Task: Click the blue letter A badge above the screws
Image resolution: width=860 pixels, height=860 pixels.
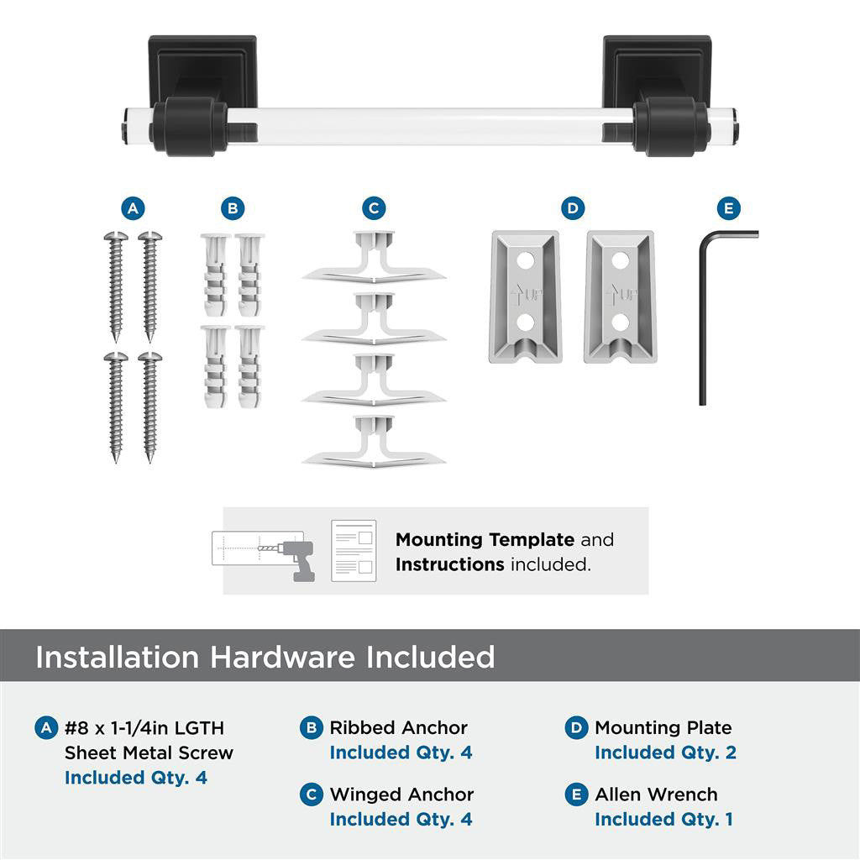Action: pos(132,208)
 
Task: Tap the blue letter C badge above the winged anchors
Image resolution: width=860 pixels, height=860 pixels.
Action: pos(374,208)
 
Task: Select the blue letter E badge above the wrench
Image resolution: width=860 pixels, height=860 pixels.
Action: pos(727,208)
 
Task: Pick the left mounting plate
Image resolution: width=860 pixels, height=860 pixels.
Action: pos(525,296)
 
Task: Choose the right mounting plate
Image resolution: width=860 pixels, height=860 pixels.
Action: pos(620,296)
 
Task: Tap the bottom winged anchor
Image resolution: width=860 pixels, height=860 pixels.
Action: pos(374,440)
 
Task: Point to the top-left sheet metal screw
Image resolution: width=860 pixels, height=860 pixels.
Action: pos(115,286)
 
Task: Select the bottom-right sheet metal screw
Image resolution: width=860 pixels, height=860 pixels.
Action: pos(149,406)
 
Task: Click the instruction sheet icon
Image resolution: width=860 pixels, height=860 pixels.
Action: pos(354,551)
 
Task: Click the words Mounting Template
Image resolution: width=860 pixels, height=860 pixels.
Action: pos(485,540)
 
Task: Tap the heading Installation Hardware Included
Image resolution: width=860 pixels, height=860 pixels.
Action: pos(265,657)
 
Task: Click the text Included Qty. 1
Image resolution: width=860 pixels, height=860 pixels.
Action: pos(663,819)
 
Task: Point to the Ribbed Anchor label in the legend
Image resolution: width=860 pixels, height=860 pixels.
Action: pos(398,727)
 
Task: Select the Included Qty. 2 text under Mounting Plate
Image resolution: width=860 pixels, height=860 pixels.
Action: pos(665,752)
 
